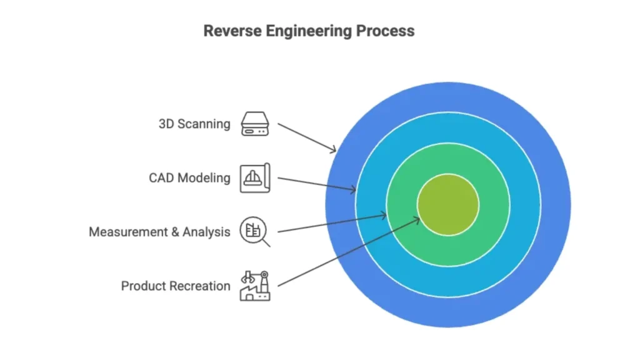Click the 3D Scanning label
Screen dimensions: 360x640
tap(194, 124)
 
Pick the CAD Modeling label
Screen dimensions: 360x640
tap(189, 178)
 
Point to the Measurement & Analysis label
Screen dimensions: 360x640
tap(159, 232)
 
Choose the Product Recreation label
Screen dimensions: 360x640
tap(176, 286)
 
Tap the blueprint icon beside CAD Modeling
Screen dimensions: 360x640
tap(254, 177)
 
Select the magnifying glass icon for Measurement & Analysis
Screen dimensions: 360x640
tap(255, 232)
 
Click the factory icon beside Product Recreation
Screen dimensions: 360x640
tap(254, 286)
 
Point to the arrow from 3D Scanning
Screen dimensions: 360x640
tap(307, 137)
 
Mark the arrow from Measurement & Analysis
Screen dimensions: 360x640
tap(332, 223)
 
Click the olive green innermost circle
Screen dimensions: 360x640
tap(448, 205)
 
